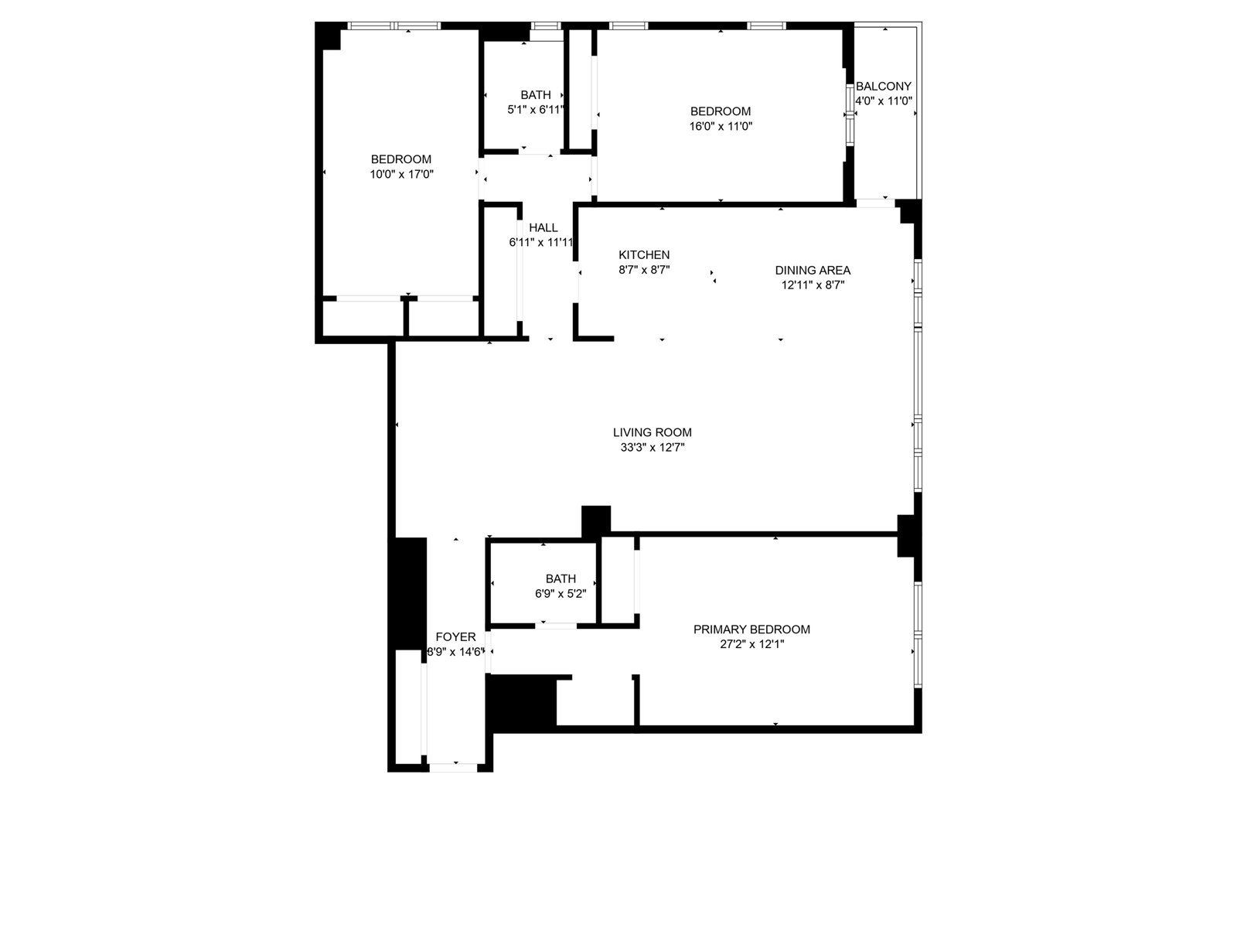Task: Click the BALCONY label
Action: pos(883,87)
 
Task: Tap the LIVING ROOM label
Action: pos(652,433)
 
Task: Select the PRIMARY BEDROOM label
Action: pos(751,629)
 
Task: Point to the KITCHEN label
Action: pos(644,255)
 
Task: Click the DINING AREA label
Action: pos(813,271)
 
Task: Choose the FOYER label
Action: pos(455,637)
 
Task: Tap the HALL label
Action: pos(544,228)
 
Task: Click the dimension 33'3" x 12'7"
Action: pos(652,448)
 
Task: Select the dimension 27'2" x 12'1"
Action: pos(751,644)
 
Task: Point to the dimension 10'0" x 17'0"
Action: pos(401,175)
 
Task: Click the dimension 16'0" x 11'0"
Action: pos(721,126)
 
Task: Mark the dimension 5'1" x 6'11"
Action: pos(536,110)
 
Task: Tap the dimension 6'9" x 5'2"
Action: pos(561,594)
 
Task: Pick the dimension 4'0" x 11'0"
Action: pos(884,101)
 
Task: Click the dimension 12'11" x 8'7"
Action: pos(813,285)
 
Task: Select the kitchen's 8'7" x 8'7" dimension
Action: pos(644,270)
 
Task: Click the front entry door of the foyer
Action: pos(454,767)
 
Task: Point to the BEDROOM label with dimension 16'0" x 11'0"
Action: pos(721,111)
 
